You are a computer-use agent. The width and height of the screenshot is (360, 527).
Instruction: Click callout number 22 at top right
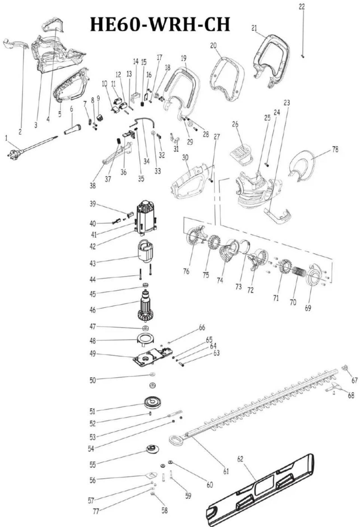point(302,7)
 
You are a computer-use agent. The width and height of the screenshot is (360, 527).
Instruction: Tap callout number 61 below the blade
point(226,471)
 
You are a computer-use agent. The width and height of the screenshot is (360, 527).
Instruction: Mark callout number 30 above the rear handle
point(185,158)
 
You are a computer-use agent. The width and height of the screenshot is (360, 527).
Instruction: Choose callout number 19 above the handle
point(183,58)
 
